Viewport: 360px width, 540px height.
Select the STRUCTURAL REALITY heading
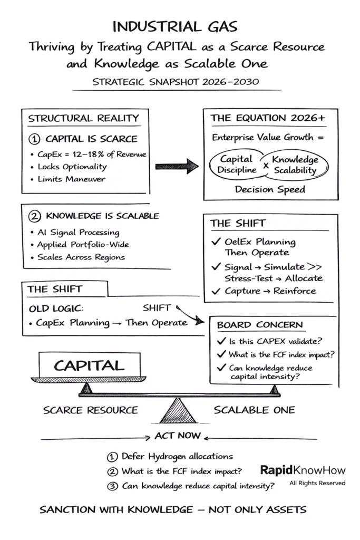(83, 118)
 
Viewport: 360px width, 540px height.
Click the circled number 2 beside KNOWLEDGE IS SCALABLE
(33, 216)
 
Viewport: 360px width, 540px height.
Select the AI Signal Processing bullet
(77, 232)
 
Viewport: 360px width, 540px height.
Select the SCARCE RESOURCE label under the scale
(90, 410)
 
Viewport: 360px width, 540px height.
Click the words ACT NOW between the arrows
(178, 436)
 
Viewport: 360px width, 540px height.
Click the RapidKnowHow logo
(303, 470)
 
